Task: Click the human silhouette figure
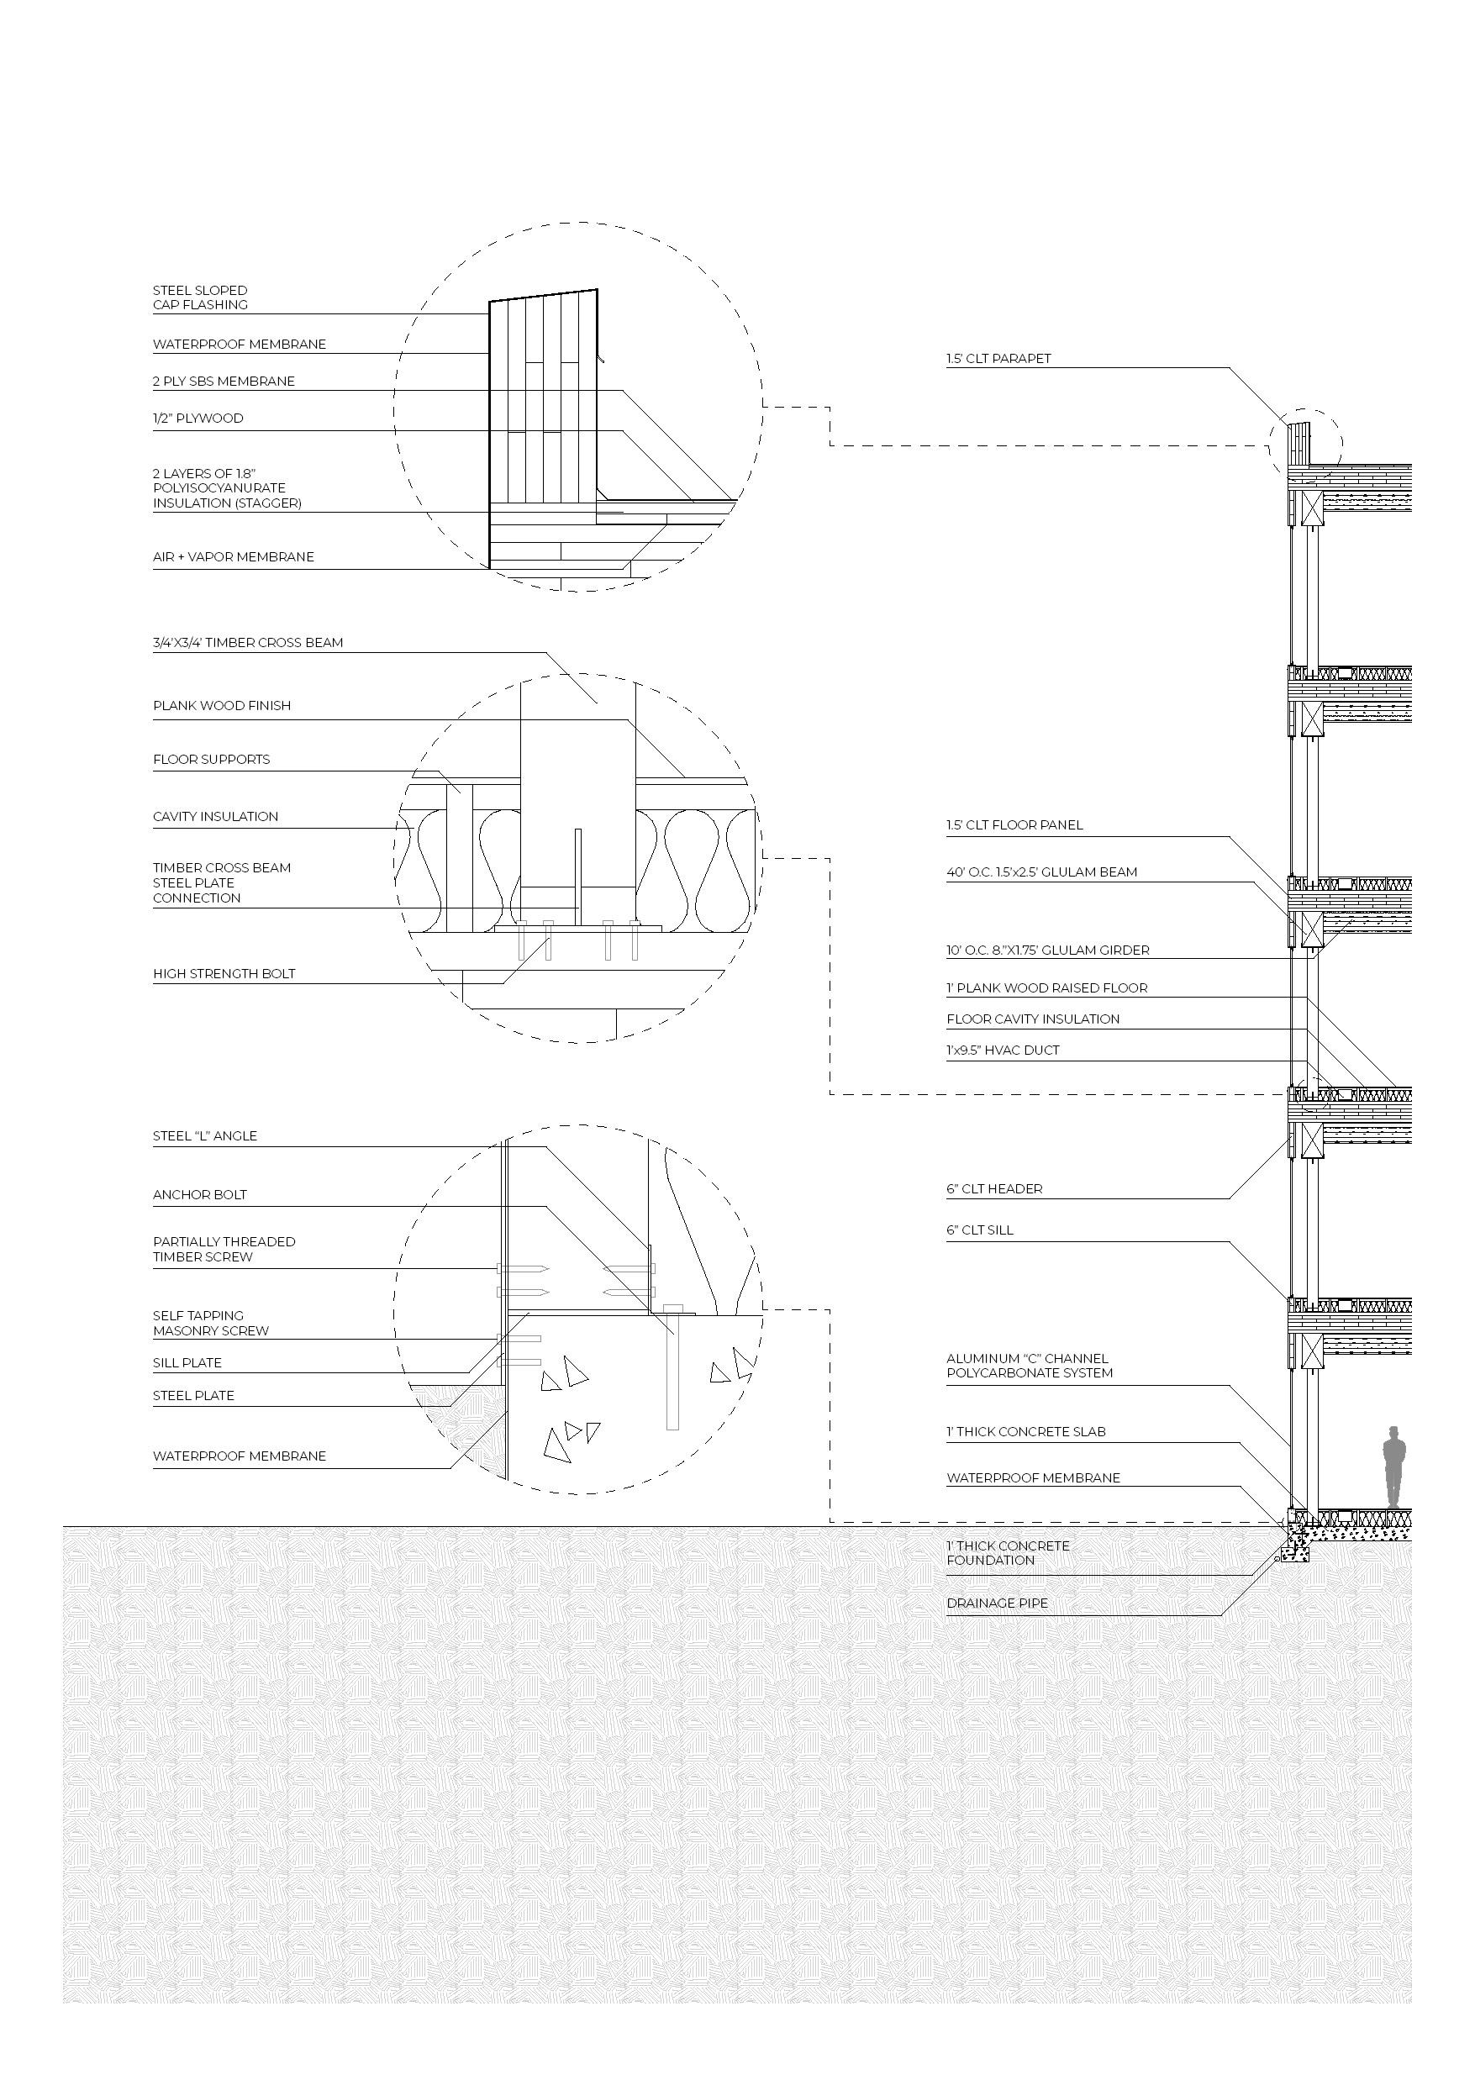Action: (x=1394, y=1469)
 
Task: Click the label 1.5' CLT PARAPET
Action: (x=998, y=359)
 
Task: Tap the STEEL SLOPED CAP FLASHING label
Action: (x=200, y=298)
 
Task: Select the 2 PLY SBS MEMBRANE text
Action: (x=224, y=382)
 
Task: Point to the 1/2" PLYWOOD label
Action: (x=198, y=419)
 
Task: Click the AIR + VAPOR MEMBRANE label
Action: (x=234, y=557)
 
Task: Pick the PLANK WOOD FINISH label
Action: (x=222, y=706)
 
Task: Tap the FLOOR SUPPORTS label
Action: (x=211, y=760)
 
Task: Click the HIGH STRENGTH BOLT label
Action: (x=224, y=974)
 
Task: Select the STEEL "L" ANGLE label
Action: (x=204, y=1136)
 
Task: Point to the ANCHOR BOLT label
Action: (x=200, y=1195)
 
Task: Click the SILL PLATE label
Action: (x=187, y=1363)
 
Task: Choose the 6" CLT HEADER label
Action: (x=993, y=1189)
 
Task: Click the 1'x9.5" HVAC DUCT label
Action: (x=1003, y=1050)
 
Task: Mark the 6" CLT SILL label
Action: (x=979, y=1230)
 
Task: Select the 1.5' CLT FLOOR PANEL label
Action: (x=1014, y=825)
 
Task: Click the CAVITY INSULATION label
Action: (x=215, y=817)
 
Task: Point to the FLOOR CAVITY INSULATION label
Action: (x=1033, y=1019)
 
